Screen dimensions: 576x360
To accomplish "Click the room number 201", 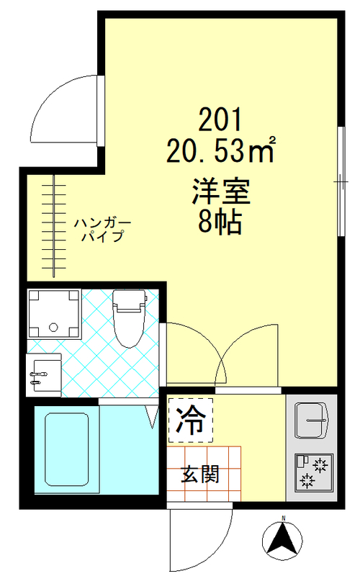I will tap(220, 118).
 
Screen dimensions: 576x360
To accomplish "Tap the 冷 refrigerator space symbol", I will tap(191, 420).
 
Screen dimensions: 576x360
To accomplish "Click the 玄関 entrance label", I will tap(200, 475).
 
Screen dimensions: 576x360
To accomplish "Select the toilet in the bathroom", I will tap(130, 316).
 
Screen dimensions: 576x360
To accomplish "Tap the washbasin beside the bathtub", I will tap(43, 375).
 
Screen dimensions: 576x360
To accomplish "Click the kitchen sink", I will tap(312, 418).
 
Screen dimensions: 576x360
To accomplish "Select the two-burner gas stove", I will tap(312, 472).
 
